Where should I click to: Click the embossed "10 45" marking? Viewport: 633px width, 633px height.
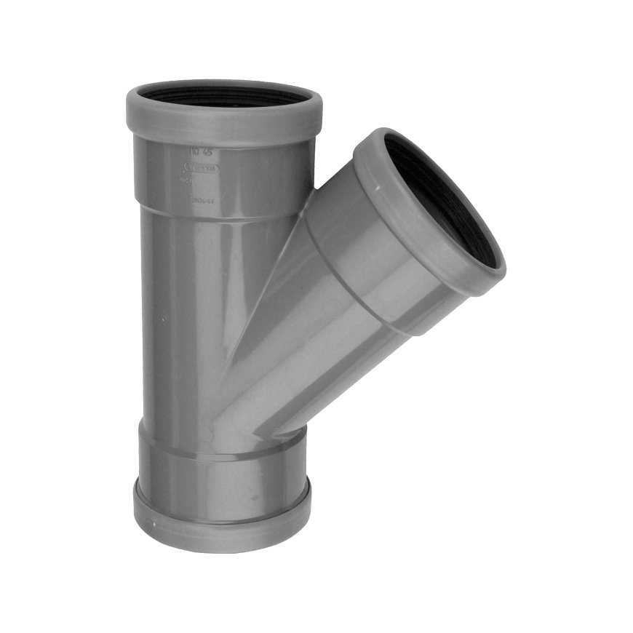point(196,152)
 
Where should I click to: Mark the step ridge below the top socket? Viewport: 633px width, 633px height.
point(218,211)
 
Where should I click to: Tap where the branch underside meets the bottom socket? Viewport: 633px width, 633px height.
point(287,435)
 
